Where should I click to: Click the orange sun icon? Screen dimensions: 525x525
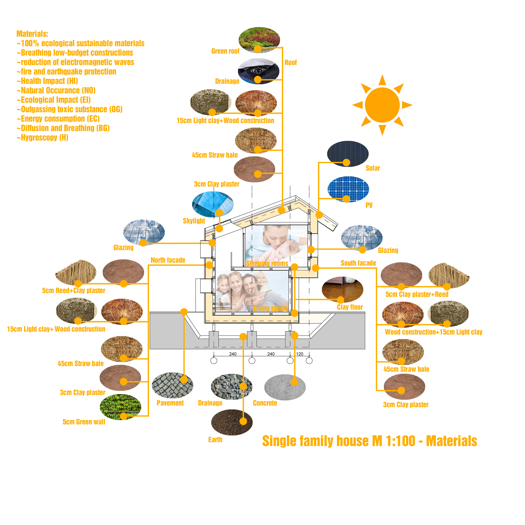[382, 105]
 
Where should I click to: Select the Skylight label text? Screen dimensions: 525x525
[194, 221]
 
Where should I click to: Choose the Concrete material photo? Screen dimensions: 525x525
[285, 387]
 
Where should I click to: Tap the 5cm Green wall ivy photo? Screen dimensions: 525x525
[120, 407]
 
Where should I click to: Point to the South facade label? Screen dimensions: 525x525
[358, 263]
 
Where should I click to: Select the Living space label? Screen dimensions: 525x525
[270, 308]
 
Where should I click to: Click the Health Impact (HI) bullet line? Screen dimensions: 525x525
[47, 81]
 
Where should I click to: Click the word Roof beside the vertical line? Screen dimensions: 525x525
[291, 62]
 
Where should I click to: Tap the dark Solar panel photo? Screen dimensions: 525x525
[348, 154]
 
